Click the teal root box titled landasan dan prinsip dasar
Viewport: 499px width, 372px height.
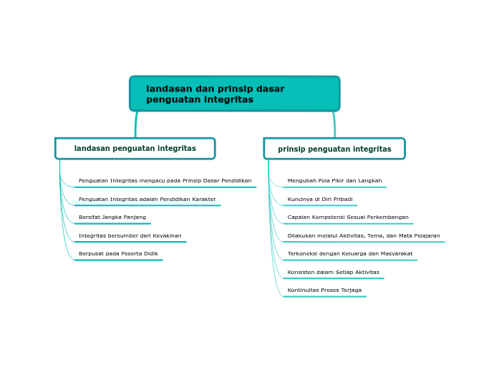[x=234, y=94]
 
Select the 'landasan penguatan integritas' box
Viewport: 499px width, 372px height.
[x=135, y=148]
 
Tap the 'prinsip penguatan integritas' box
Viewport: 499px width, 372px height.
[x=334, y=149]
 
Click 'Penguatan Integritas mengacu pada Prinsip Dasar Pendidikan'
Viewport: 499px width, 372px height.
[x=165, y=181]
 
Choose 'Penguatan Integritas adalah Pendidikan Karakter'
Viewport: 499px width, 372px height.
[x=147, y=200]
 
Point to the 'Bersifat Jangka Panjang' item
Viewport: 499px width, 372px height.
[x=112, y=217]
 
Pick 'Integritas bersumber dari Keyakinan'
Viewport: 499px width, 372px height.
[x=130, y=236]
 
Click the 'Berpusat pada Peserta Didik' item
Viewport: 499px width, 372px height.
[x=118, y=254]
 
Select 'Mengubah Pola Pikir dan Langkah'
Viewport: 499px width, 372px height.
[x=334, y=181]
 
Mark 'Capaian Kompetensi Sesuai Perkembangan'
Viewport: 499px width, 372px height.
[x=348, y=217]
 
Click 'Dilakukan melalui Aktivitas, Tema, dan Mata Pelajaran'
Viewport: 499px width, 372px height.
[x=364, y=236]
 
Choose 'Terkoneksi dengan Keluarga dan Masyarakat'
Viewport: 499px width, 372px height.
[x=350, y=254]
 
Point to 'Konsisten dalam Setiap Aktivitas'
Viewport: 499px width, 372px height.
[x=333, y=273]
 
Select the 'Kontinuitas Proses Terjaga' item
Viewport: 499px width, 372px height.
[x=324, y=290]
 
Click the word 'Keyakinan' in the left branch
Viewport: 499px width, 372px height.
[x=167, y=236]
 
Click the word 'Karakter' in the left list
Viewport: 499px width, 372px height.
[x=203, y=200]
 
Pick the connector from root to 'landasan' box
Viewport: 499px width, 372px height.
[x=136, y=124]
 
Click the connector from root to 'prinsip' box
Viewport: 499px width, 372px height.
[x=334, y=124]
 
